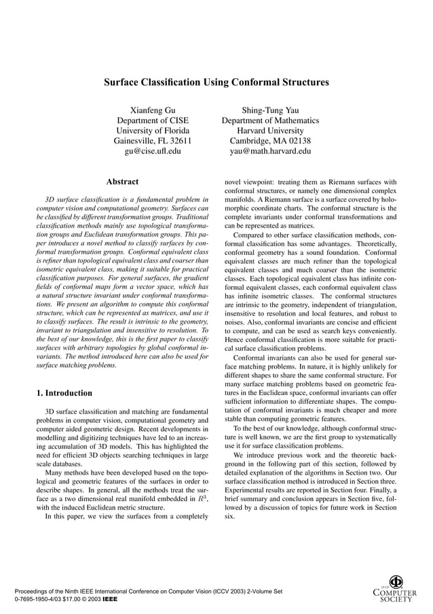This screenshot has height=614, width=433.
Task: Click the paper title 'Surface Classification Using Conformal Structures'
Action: click(216, 82)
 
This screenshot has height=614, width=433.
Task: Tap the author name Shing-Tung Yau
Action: click(270, 110)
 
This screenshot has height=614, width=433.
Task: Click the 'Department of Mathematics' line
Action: click(270, 120)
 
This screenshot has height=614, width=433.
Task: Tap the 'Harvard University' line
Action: click(270, 131)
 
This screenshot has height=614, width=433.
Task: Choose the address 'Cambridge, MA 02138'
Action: click(270, 141)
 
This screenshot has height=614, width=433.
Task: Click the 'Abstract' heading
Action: click(122, 182)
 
